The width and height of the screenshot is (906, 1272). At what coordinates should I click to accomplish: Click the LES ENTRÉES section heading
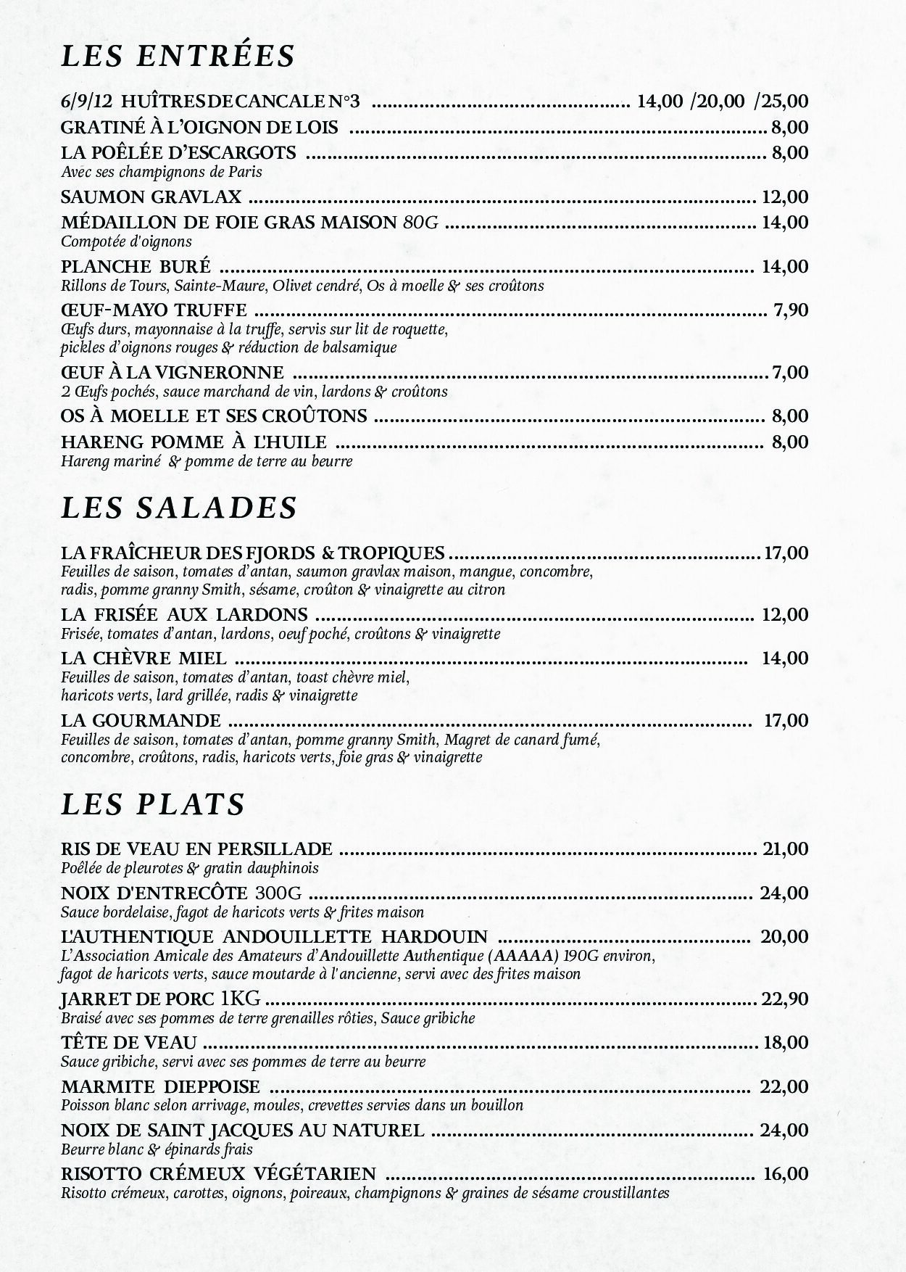178,56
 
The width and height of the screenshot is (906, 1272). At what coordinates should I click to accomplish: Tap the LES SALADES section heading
179,508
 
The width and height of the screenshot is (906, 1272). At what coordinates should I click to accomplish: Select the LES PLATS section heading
153,804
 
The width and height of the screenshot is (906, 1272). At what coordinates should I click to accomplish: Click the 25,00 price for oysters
781,102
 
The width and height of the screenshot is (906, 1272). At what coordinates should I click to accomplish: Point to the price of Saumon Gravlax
785,197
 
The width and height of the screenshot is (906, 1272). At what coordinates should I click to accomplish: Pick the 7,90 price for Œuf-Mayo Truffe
791,310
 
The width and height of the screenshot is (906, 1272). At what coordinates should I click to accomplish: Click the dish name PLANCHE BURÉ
136,267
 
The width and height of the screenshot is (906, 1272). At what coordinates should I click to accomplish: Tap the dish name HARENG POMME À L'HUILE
194,442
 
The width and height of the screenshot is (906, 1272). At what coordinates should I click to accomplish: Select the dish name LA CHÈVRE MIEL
144,658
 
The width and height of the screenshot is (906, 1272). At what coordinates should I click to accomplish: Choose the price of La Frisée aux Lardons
785,615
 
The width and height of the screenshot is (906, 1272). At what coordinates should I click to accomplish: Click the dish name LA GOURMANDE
141,721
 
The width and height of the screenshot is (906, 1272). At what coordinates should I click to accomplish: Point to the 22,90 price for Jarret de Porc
785,999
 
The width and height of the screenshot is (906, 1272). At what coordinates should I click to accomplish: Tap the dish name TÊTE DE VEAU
129,1043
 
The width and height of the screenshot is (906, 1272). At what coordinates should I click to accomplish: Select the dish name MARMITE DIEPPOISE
160,1087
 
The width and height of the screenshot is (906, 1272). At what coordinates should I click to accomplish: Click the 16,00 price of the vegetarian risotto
786,1174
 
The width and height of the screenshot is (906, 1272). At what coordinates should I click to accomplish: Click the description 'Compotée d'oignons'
126,241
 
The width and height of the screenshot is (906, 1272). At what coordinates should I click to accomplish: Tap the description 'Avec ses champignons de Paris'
161,172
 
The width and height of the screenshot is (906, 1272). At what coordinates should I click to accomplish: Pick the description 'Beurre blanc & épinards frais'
157,1149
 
